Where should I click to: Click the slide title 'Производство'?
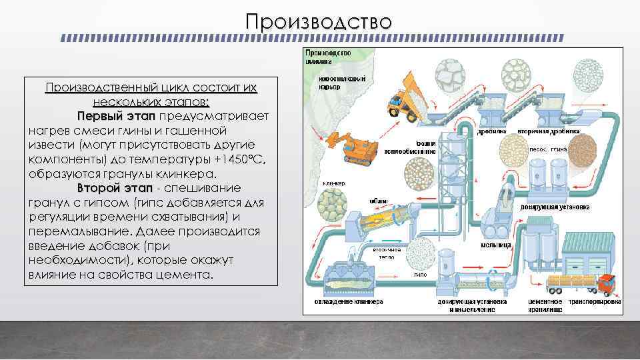(x=319, y=21)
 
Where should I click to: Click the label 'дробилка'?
(x=492, y=131)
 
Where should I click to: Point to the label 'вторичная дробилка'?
(x=555, y=131)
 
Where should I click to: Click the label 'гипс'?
(x=420, y=274)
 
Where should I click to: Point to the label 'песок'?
(x=538, y=149)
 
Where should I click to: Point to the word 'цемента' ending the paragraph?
(x=184, y=274)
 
